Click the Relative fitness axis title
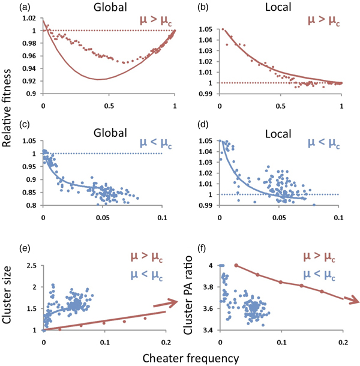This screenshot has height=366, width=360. pyautogui.click(x=10, y=114)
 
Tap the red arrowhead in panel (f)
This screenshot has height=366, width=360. pyautogui.click(x=353, y=299)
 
